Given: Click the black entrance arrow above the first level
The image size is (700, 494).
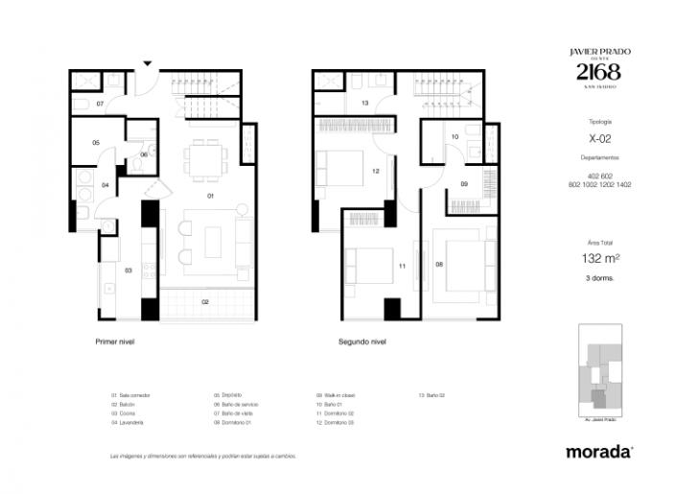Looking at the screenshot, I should (147, 63).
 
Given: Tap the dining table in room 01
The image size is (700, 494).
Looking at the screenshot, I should (205, 159).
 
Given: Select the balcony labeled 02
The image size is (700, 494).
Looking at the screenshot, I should (204, 302).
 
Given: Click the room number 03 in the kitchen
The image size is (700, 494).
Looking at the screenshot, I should (128, 271).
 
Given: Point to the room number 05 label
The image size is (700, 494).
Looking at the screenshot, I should (96, 142).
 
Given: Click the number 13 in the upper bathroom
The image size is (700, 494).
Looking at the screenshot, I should (365, 103).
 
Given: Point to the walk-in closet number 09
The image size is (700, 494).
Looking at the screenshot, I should (463, 183).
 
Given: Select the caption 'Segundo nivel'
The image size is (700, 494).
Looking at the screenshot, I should (362, 341).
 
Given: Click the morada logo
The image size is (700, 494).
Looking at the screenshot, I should (599, 451).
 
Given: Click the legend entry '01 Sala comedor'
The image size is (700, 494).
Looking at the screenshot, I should (132, 395).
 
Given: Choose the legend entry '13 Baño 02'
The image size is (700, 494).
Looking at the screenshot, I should (432, 395).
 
